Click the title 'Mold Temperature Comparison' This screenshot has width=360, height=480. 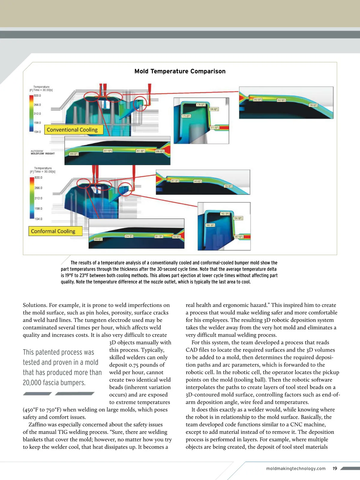[x=180, y=71]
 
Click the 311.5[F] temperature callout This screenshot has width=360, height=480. [x=214, y=128]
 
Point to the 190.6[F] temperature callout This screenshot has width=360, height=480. [x=313, y=105]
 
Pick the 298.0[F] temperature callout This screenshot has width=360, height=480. [x=160, y=151]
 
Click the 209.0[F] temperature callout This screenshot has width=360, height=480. [x=74, y=154]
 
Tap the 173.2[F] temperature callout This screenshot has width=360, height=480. [x=186, y=116]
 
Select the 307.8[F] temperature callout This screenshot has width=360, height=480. [x=238, y=237]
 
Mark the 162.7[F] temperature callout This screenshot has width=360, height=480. [x=225, y=214]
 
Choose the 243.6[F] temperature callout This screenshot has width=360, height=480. [x=197, y=181]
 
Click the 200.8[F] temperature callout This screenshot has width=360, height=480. [x=98, y=239]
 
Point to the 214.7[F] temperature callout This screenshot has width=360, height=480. [x=129, y=236]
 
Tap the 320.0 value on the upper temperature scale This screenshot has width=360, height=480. [x=37, y=96]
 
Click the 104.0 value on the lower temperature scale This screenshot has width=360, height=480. [x=38, y=219]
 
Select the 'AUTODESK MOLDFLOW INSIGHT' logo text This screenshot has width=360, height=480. [x=43, y=152]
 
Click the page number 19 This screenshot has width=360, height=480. [x=335, y=468]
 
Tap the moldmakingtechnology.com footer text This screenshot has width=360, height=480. [x=296, y=469]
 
